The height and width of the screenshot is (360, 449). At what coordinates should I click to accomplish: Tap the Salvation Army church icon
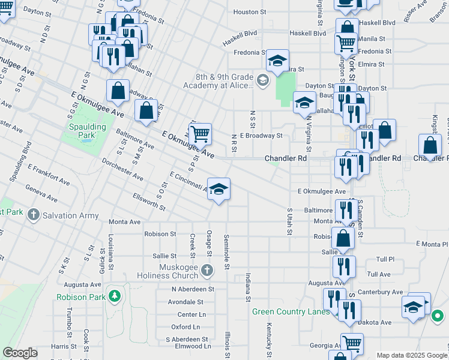pos(34,215)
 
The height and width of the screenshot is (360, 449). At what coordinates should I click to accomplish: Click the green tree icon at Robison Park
pos(113,296)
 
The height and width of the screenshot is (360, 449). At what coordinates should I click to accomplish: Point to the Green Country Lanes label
pos(291,311)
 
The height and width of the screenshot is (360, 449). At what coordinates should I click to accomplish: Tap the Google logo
pos(20,352)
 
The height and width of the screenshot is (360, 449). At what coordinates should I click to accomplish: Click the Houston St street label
pos(249,11)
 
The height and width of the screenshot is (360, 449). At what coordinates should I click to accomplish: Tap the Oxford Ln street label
pos(185,327)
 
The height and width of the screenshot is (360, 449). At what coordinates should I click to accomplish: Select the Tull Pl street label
pos(385,259)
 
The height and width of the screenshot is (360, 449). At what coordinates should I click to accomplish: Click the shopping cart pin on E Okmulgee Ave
pos(200,134)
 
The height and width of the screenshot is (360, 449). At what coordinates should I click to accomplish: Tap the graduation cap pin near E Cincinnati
pos(219,190)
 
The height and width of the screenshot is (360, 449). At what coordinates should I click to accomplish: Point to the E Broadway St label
pos(261,136)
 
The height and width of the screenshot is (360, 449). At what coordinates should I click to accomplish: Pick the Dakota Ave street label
pos(375,322)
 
